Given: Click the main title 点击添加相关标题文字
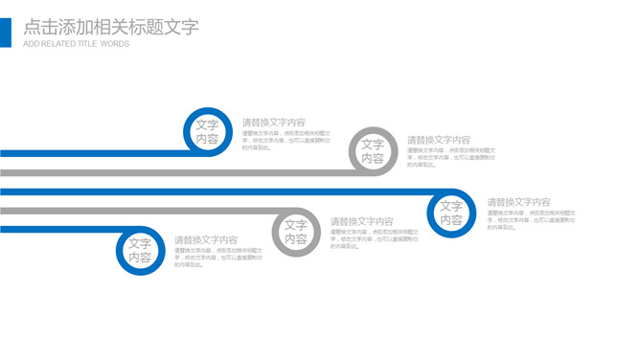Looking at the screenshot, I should point(110,27).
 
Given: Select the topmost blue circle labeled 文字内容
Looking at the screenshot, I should point(207,132).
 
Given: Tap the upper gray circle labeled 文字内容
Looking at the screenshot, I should point(372,151).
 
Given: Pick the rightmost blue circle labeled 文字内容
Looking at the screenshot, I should point(451,213).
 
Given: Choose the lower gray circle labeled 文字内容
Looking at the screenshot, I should point(295,233).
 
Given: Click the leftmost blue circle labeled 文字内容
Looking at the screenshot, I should point(140,251).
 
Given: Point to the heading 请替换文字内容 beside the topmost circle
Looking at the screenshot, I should point(274,123).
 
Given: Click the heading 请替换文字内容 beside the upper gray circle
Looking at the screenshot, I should point(439,141).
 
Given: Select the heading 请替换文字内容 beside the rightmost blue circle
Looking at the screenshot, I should point(518,202).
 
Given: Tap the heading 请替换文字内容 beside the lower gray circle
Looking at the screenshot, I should point(362,222).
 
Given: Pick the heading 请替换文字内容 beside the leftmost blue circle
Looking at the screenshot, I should point(206,240).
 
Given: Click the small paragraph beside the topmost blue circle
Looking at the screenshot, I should point(286,141).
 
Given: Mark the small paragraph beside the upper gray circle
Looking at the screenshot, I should point(451,157).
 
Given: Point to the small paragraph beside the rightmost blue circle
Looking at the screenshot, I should point(531,219).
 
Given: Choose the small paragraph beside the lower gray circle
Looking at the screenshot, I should point(375,238).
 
